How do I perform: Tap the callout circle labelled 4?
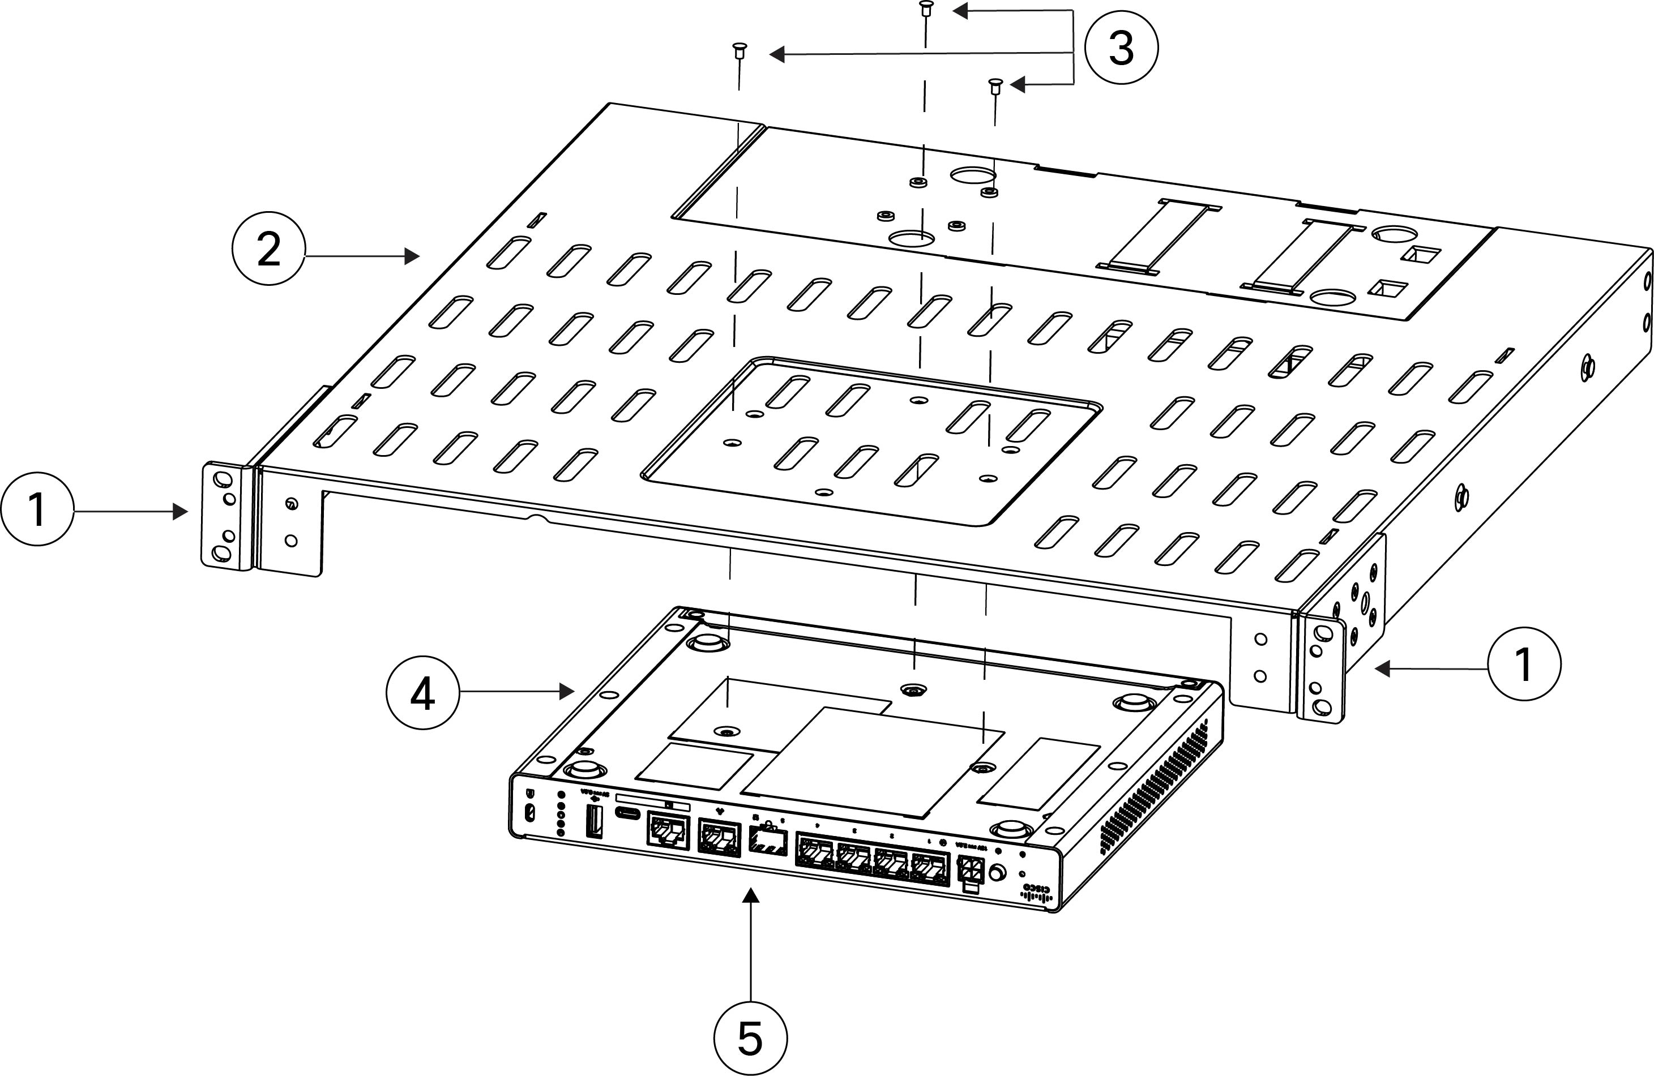[422, 693]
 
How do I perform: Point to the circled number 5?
[750, 1038]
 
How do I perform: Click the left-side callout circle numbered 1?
[37, 509]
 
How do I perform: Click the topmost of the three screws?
[925, 9]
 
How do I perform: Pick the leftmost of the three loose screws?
[739, 50]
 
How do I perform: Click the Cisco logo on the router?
[1037, 893]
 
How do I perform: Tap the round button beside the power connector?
[997, 872]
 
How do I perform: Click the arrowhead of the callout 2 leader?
[413, 256]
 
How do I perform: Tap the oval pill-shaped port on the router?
[629, 814]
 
